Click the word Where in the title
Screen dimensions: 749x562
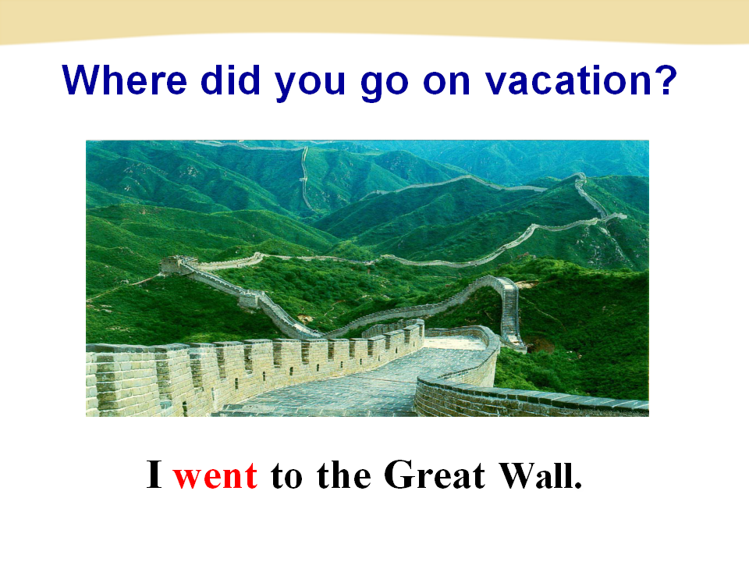tap(124, 80)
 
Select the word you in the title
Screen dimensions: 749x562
tap(310, 84)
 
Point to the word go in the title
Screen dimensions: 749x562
tap(385, 84)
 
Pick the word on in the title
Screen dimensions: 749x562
tap(446, 82)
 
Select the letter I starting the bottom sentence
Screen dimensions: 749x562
tap(154, 474)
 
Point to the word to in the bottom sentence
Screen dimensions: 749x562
tap(286, 476)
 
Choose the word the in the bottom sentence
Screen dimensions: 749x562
tap(344, 474)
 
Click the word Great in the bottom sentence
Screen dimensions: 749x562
tap(435, 474)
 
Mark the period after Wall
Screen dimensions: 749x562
tap(578, 485)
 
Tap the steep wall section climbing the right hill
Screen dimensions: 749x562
tap(509, 311)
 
